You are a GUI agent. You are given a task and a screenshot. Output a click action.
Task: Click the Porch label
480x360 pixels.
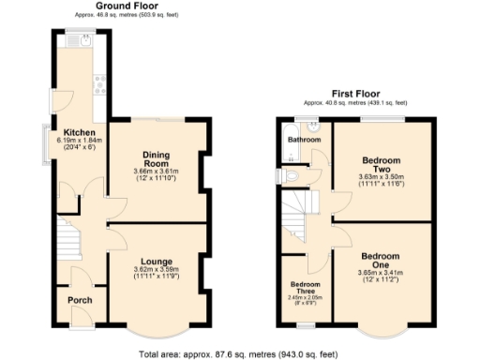pos(80,301)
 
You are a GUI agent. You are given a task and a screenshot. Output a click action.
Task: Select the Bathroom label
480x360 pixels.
pos(304,140)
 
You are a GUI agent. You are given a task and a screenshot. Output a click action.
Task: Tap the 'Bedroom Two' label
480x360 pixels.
pos(381,163)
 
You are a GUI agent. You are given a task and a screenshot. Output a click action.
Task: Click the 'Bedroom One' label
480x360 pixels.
pos(381,261)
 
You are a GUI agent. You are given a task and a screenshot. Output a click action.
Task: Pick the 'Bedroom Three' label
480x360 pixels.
pos(305,287)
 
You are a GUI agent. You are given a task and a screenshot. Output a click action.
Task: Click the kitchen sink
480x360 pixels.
pos(84,40)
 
